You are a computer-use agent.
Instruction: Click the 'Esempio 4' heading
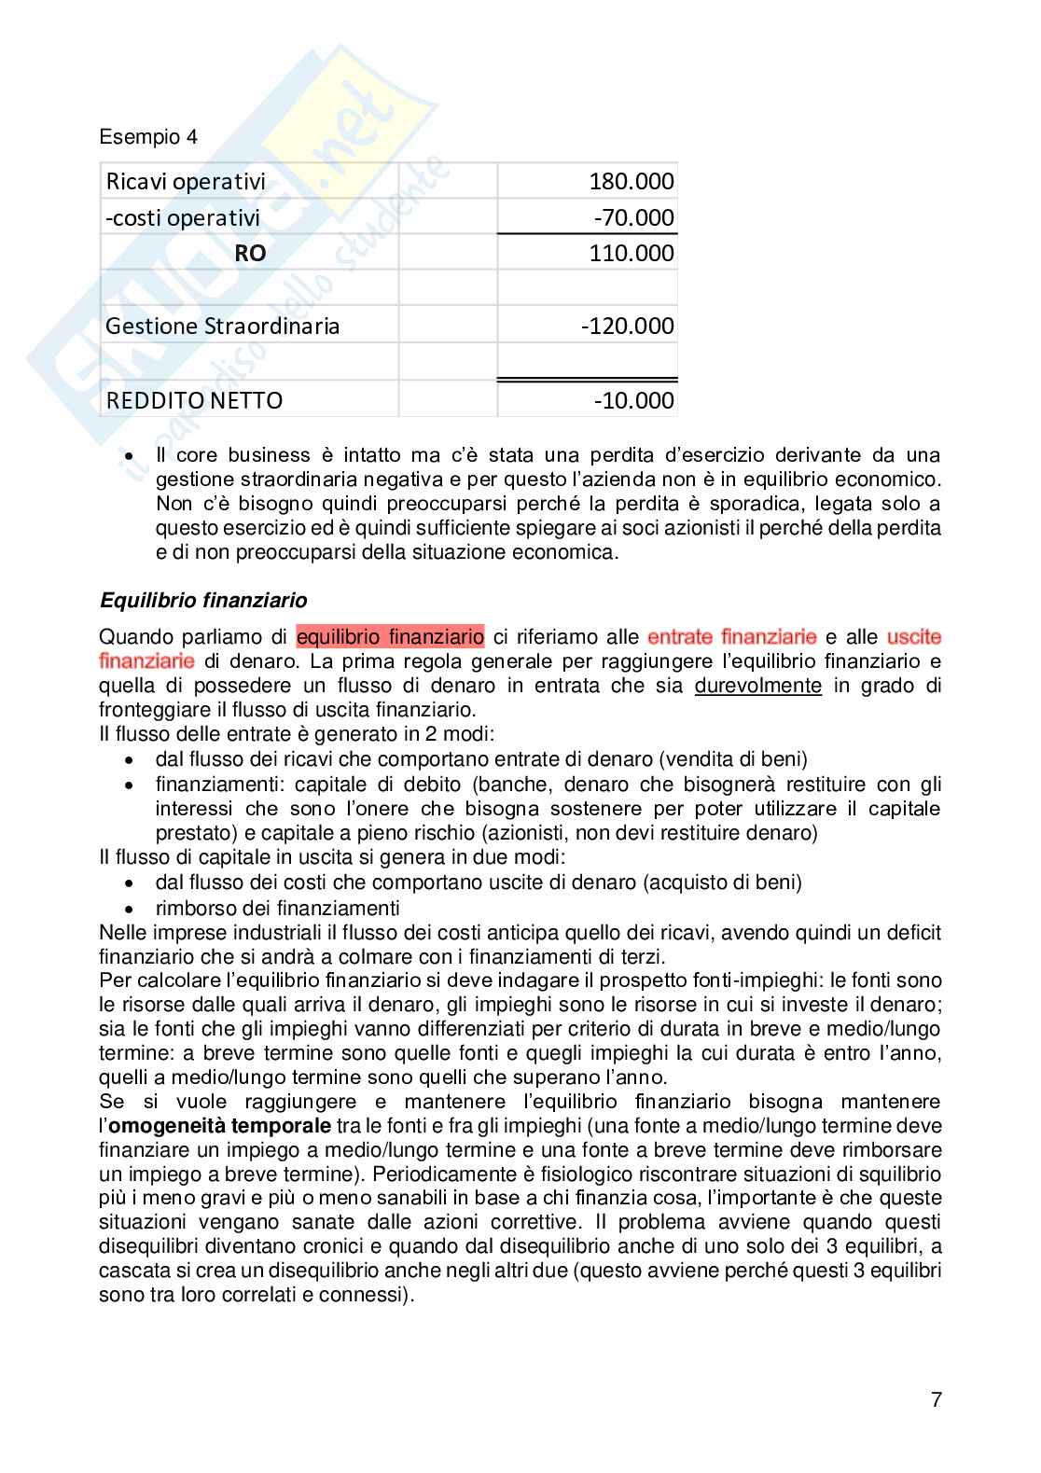[148, 138]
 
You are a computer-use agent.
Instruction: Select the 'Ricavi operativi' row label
[186, 181]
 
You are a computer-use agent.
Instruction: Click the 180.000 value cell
[631, 181]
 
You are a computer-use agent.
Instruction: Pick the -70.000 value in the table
[633, 217]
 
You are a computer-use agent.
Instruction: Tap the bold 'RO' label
[250, 254]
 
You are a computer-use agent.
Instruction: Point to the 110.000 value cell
[631, 254]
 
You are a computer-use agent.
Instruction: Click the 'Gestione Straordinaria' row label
[222, 327]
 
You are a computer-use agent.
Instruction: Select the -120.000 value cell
[627, 327]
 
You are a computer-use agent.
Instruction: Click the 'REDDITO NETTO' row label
[194, 400]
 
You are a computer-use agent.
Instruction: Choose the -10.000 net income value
[633, 400]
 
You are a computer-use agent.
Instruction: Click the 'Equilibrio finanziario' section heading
[203, 599]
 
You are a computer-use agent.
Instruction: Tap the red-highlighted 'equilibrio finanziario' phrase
[390, 637]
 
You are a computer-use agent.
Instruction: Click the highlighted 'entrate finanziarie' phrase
[731, 637]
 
